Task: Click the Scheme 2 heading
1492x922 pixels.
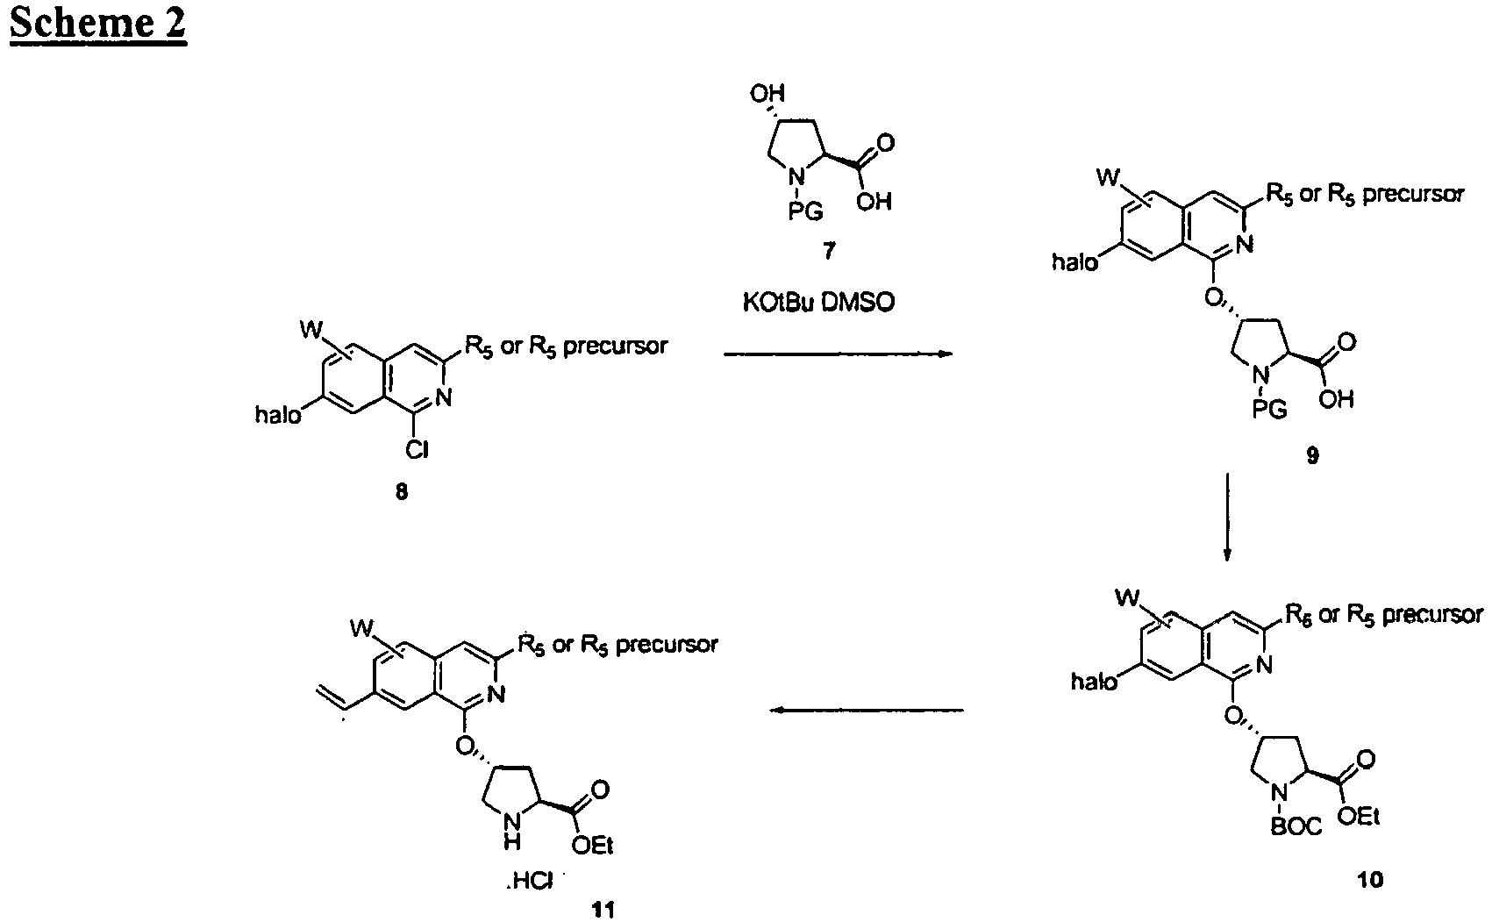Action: tap(98, 24)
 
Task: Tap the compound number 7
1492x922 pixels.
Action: tap(829, 251)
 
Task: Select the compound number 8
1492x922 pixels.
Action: tap(401, 492)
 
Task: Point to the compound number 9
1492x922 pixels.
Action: tap(1311, 455)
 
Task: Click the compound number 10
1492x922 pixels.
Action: tap(1369, 880)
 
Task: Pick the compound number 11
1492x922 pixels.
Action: tap(603, 910)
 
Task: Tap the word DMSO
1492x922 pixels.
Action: tap(857, 304)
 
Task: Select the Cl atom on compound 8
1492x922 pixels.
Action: tap(417, 451)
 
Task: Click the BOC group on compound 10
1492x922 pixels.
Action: tap(1296, 826)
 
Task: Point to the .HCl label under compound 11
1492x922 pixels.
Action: tap(530, 882)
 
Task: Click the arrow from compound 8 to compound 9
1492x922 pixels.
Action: tap(839, 354)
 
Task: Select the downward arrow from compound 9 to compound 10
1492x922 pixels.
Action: tap(1228, 518)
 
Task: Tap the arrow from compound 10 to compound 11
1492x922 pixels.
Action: tap(867, 711)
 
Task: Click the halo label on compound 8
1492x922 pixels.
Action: tap(278, 415)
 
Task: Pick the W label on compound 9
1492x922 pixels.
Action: tap(1109, 177)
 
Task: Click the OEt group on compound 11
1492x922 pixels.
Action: tap(592, 846)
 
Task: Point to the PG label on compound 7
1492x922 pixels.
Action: tap(805, 211)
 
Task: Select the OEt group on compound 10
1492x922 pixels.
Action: tap(1359, 817)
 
